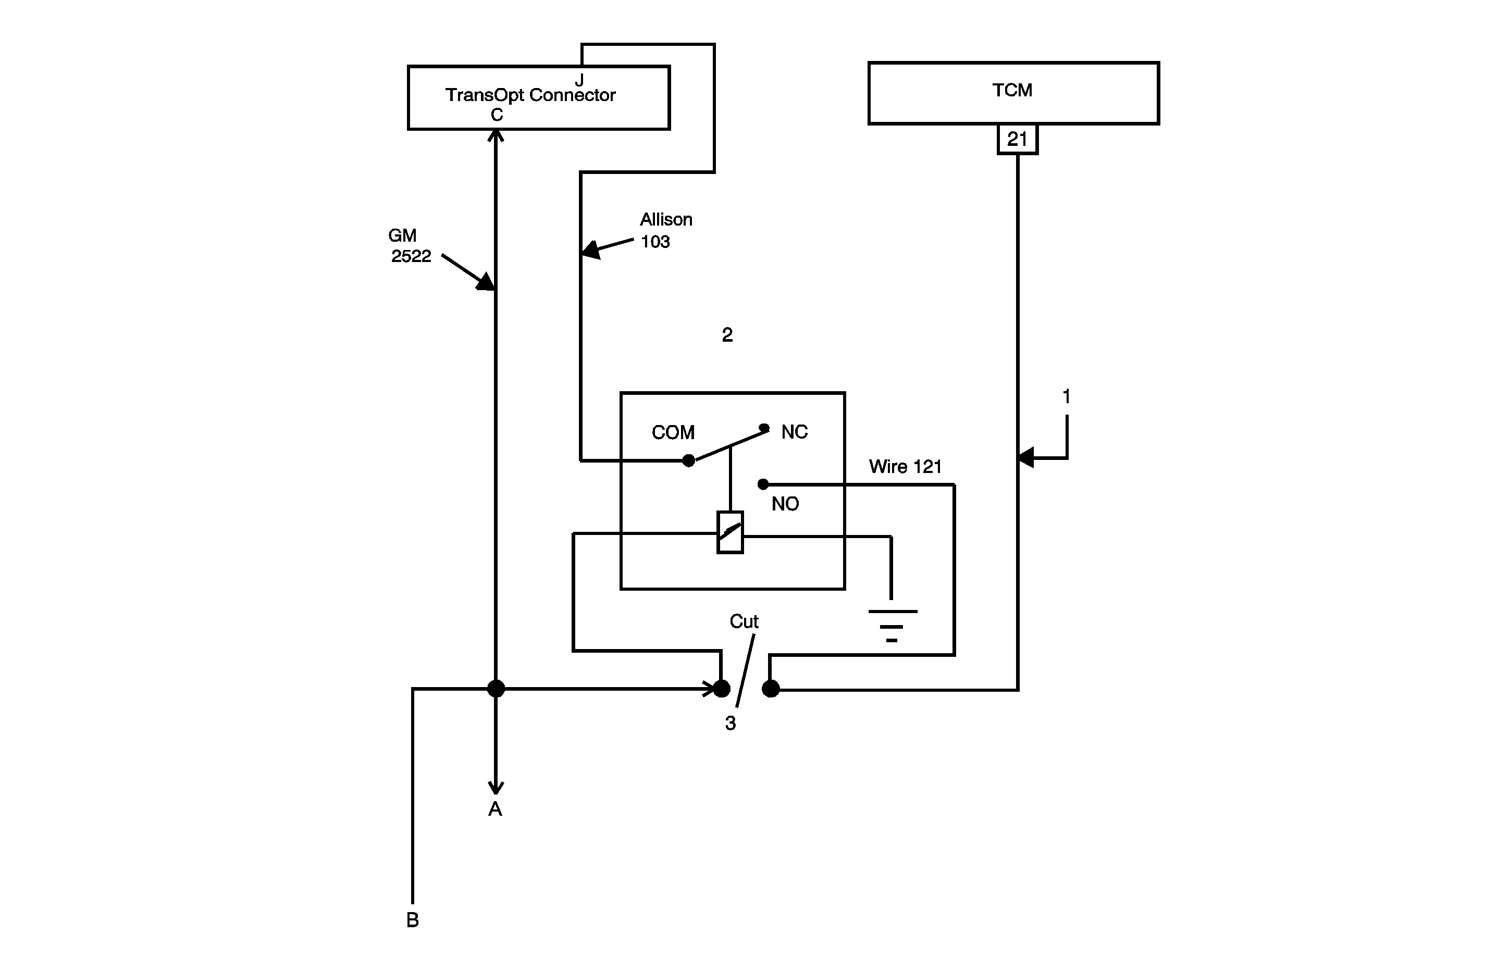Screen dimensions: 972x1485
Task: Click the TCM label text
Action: point(1011,91)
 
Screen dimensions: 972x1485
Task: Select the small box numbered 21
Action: point(1017,139)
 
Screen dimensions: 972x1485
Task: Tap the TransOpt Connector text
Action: point(530,95)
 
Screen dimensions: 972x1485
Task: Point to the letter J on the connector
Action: point(579,80)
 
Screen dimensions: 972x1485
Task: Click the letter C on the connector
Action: point(497,115)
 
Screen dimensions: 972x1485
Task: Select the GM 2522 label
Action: point(410,246)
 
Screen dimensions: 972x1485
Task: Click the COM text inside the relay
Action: point(673,432)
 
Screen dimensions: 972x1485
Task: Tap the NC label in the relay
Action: point(794,432)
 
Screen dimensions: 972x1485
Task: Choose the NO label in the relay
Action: point(784,504)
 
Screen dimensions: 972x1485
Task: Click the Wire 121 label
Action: point(905,467)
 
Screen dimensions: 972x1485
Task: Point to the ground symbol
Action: point(892,625)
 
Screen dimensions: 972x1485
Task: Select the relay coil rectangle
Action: point(730,532)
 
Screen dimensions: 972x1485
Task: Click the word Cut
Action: point(744,621)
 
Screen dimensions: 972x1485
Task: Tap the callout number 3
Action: point(730,723)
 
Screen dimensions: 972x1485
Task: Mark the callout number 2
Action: point(727,335)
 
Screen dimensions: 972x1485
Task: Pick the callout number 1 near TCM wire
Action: point(1066,396)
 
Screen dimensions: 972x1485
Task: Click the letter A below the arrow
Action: point(495,809)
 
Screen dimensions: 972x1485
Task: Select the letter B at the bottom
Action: point(413,919)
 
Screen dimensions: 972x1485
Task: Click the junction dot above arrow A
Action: point(496,689)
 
